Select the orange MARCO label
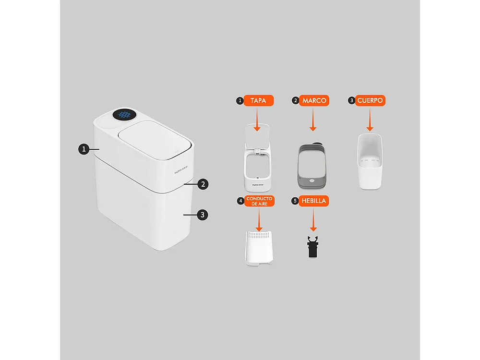(x=314, y=100)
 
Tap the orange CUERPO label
(x=370, y=100)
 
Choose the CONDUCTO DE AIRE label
(x=260, y=201)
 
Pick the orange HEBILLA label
(x=314, y=201)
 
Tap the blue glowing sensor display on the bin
(x=125, y=115)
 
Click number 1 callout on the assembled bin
(x=84, y=149)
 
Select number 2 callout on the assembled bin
(x=203, y=184)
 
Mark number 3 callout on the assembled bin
(x=203, y=215)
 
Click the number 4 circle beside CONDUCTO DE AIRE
(x=240, y=201)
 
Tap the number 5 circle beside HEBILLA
(x=295, y=201)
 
